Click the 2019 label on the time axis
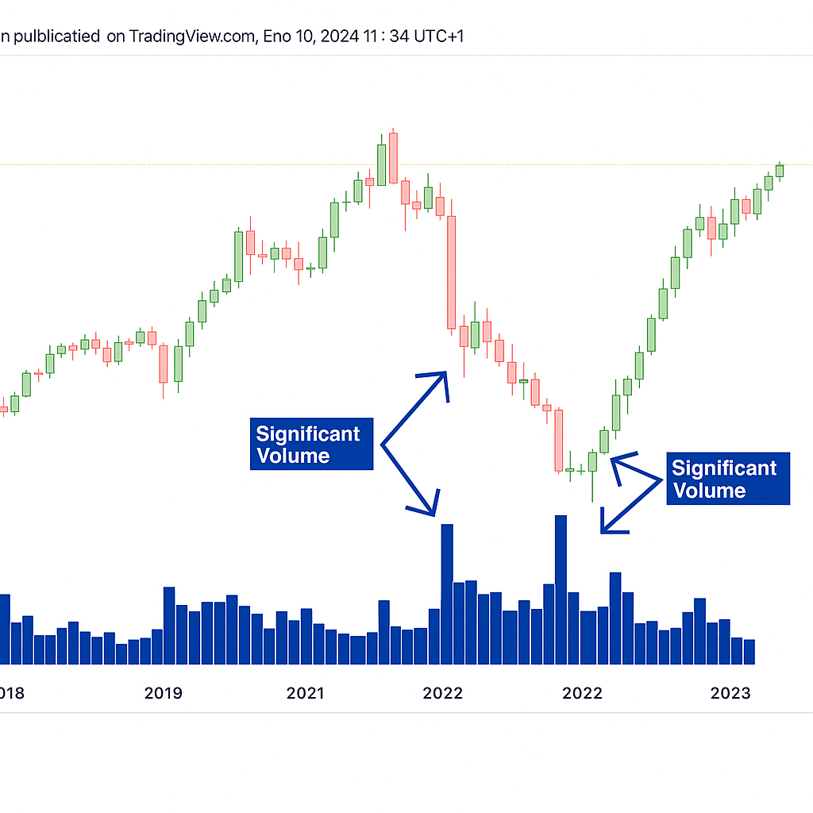[163, 693]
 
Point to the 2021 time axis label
[305, 693]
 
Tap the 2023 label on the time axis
[730, 693]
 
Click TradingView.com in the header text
[190, 36]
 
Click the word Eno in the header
[274, 36]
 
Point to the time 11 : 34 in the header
[380, 36]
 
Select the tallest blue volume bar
[561, 589]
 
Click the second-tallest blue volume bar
[447, 594]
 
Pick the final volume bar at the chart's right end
[749, 651]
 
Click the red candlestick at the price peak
[393, 158]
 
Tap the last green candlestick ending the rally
[780, 170]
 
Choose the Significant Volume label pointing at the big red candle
[311, 444]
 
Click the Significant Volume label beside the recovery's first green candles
[728, 479]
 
